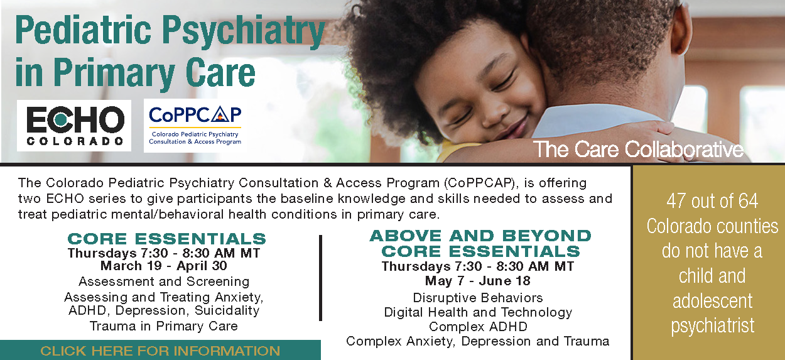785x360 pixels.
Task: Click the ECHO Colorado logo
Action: coord(74,126)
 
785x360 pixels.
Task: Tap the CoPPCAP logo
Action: coord(195,126)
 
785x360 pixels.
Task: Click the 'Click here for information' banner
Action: coord(160,350)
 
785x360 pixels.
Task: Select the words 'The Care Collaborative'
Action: coord(638,150)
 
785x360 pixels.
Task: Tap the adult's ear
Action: coord(681,28)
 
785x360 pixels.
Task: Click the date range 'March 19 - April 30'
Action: coord(164,266)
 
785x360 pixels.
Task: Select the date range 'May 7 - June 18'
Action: coord(478,281)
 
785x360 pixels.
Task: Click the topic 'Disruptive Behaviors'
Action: coord(478,298)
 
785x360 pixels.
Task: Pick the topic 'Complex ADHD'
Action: coord(478,327)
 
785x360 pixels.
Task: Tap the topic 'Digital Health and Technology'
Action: coord(478,312)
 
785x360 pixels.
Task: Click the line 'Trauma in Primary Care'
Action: coord(164,326)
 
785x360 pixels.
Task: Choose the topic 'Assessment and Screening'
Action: coord(164,281)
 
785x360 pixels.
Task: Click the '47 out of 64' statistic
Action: coord(712,201)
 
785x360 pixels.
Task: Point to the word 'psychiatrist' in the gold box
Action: coord(712,326)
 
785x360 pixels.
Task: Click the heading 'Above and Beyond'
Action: coord(480,236)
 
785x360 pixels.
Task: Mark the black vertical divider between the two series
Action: coord(320,278)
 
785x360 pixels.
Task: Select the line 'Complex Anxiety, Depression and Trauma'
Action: coord(478,341)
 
